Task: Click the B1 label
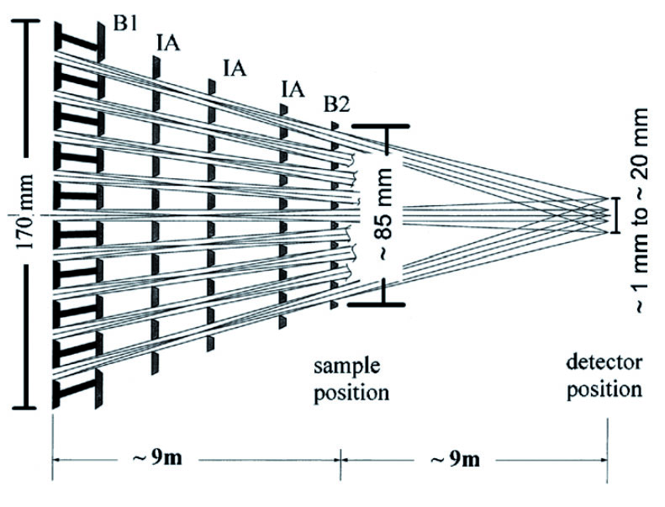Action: pos(126,24)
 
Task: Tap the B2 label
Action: pos(337,104)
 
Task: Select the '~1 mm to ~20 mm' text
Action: pos(642,212)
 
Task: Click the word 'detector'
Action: pos(604,365)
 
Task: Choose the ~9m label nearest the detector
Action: pos(457,460)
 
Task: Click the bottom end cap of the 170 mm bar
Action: pos(31,408)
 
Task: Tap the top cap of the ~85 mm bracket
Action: pos(379,127)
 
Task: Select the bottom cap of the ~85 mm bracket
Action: pos(379,304)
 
